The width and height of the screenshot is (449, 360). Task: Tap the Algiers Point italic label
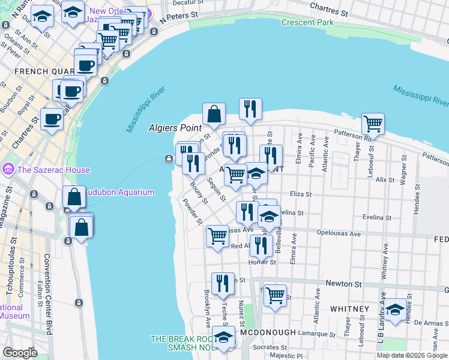pos(176,128)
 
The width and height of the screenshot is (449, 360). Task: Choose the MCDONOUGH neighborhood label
pos(267,332)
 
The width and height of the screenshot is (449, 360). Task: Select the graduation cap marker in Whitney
pos(395,308)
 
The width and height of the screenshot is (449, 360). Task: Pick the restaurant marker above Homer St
pos(261,244)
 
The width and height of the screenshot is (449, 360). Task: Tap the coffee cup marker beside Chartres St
pos(52,118)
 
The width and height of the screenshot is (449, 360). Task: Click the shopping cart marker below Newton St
pos(275,295)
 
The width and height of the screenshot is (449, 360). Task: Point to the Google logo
pos(20,353)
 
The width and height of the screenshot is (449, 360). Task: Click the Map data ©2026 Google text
pos(412,355)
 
